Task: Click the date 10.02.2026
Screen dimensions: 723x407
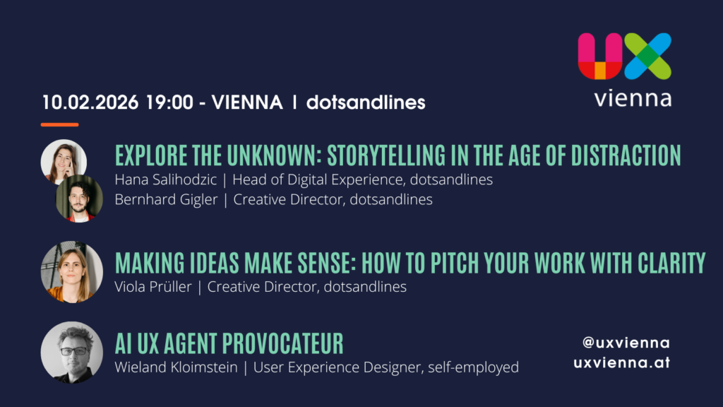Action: tap(90, 102)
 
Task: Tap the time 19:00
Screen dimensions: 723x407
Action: tap(169, 102)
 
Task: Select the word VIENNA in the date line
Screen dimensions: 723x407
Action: tap(247, 102)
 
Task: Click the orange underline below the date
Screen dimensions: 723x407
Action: tap(59, 124)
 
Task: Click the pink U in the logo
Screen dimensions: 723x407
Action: tap(600, 56)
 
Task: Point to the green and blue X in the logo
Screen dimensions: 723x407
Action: tap(648, 56)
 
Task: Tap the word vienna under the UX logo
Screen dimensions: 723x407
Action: tap(633, 98)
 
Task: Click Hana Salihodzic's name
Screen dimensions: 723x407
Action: tap(165, 179)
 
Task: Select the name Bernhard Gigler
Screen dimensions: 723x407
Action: tap(166, 199)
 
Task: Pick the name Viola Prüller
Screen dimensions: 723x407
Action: tap(153, 287)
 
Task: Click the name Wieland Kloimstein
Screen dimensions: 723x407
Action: tap(176, 367)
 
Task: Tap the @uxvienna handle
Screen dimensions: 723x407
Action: tap(626, 343)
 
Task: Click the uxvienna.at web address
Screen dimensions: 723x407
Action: tap(621, 362)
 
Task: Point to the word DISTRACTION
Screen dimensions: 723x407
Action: tap(626, 155)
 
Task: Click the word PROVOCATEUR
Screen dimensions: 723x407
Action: tap(283, 344)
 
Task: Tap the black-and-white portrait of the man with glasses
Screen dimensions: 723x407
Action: tap(72, 353)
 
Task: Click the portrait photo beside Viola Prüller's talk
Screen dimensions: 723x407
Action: tap(72, 272)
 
